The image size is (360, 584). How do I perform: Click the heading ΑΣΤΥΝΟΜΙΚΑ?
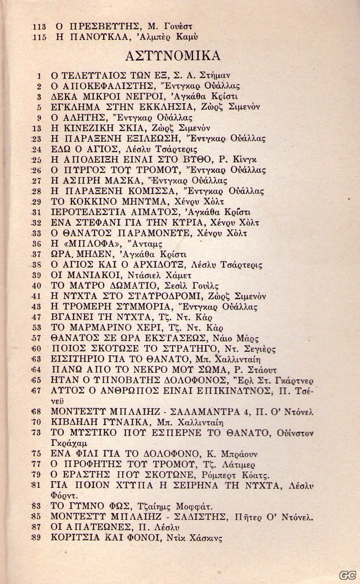click(x=178, y=56)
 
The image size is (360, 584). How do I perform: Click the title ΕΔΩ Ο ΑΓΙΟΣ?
click(x=79, y=149)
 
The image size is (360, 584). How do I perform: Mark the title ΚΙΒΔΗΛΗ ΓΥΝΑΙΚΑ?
click(x=96, y=422)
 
